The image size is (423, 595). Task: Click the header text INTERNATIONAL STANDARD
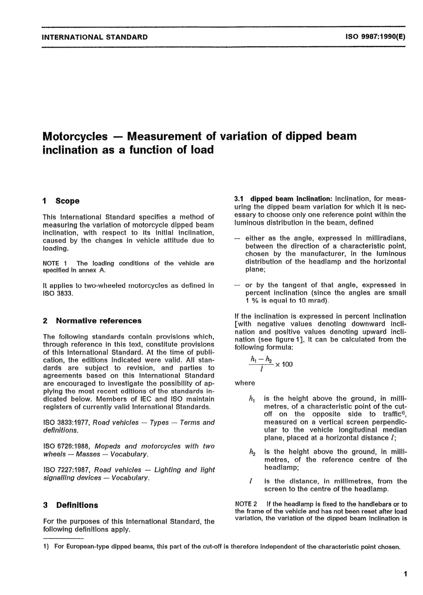[x=94, y=37]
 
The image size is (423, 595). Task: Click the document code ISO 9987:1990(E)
[x=375, y=37]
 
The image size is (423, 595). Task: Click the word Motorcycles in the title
[x=75, y=136]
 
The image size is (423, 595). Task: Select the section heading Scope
[x=67, y=201]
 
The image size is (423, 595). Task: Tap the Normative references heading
[x=98, y=321]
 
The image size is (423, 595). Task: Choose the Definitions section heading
[x=77, y=505]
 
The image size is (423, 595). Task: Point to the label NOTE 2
[x=246, y=504]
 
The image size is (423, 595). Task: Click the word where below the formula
[x=244, y=383]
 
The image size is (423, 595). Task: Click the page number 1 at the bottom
[x=405, y=575]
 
